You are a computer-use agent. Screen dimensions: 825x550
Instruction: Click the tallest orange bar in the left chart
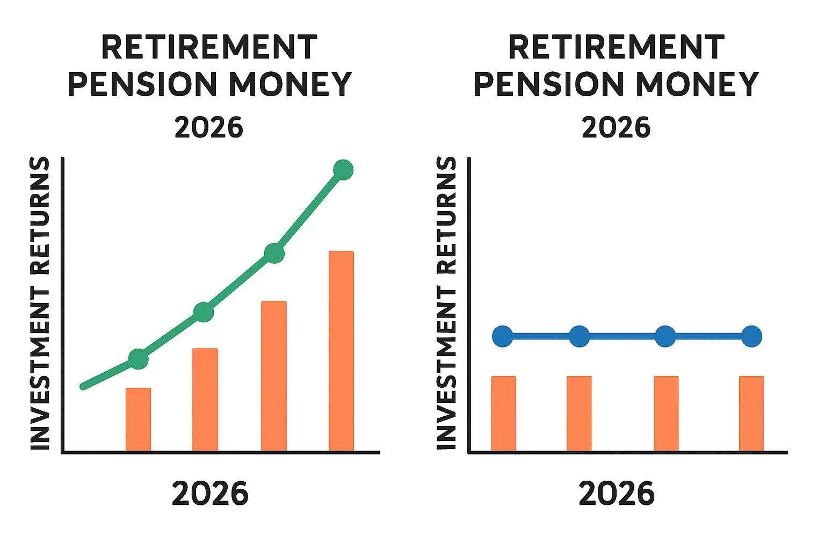(x=341, y=351)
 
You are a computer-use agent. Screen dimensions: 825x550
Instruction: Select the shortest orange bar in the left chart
(x=138, y=419)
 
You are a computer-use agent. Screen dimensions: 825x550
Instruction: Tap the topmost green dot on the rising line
(x=343, y=170)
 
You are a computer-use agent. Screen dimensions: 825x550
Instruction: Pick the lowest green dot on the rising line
(x=139, y=359)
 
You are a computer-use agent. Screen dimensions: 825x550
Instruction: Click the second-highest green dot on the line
(x=274, y=253)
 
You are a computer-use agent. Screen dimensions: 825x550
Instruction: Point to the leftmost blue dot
(x=503, y=336)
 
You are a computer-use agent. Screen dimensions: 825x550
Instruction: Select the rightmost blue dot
(x=751, y=336)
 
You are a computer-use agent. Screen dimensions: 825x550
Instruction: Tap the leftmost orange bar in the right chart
(x=503, y=414)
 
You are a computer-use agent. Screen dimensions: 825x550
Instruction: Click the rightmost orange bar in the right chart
(x=751, y=414)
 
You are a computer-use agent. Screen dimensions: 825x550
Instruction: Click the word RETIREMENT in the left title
(x=209, y=47)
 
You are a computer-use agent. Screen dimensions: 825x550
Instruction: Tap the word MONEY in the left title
(x=291, y=84)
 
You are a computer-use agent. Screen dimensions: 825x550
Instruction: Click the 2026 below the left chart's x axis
(x=210, y=493)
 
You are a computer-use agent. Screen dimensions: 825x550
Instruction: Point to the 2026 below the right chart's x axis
(x=617, y=493)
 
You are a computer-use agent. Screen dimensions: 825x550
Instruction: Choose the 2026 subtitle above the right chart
(x=616, y=127)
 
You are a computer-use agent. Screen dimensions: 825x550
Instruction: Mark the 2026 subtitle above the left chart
(x=209, y=127)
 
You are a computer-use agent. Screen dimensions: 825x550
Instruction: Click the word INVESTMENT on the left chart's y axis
(x=39, y=369)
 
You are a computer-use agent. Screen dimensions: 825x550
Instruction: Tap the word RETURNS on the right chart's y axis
(x=446, y=215)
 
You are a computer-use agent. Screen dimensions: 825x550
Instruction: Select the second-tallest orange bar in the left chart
(x=273, y=376)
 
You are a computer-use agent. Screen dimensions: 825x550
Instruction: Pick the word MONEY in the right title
(x=697, y=84)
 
